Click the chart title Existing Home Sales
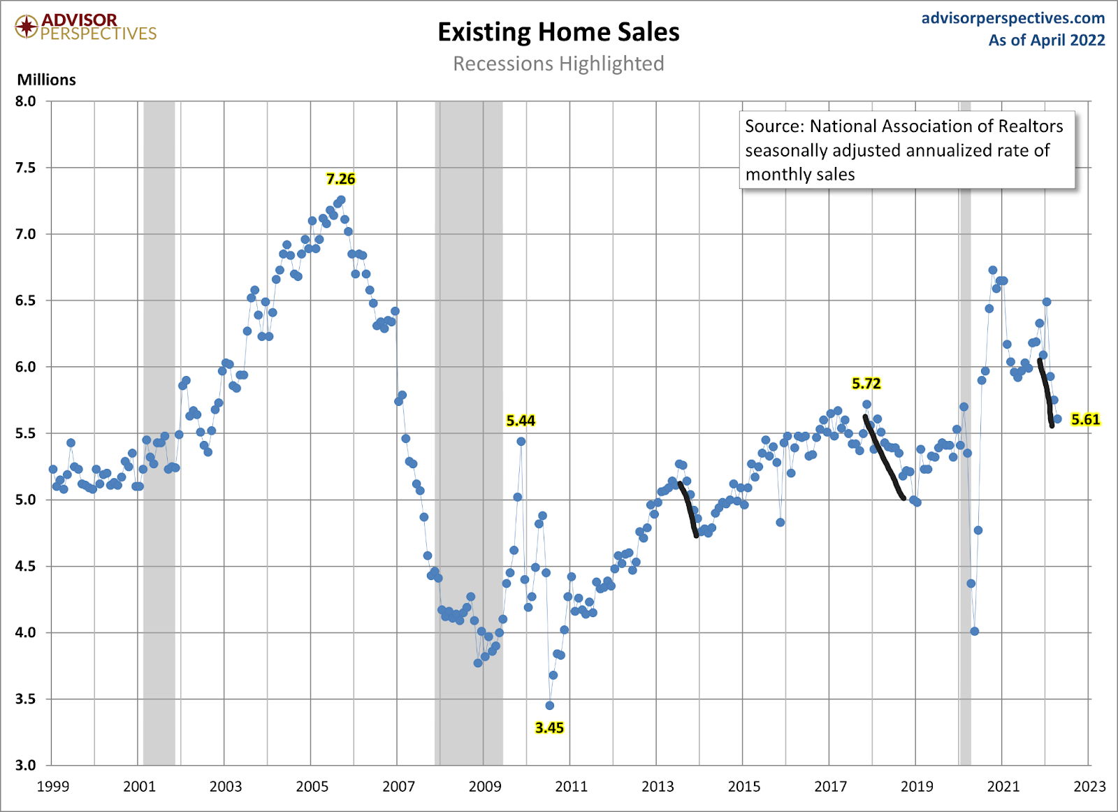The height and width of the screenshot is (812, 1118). point(558,32)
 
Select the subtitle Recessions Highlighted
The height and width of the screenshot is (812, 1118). point(558,64)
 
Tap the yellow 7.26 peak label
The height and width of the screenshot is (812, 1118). point(341,179)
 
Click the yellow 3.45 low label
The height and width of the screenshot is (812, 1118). point(549,727)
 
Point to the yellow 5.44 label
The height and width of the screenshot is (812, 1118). point(521,420)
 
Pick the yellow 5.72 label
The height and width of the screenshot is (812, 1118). point(866,383)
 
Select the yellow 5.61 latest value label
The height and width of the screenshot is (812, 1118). point(1085,419)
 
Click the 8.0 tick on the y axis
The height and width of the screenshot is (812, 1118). point(26,101)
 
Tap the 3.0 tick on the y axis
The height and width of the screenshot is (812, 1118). point(26,765)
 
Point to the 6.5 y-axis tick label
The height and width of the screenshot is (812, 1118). point(26,300)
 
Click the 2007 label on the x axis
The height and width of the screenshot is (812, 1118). point(398,787)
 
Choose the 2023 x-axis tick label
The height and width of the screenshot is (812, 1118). point(1089,787)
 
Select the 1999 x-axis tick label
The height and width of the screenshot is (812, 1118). point(53,787)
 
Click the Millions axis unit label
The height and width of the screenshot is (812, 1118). point(46,80)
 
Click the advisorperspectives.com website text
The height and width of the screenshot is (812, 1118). point(1013,18)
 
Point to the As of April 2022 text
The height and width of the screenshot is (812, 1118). point(1046,41)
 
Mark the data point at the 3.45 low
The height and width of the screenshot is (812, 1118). point(550,706)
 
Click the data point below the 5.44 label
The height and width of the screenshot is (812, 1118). point(521,442)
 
